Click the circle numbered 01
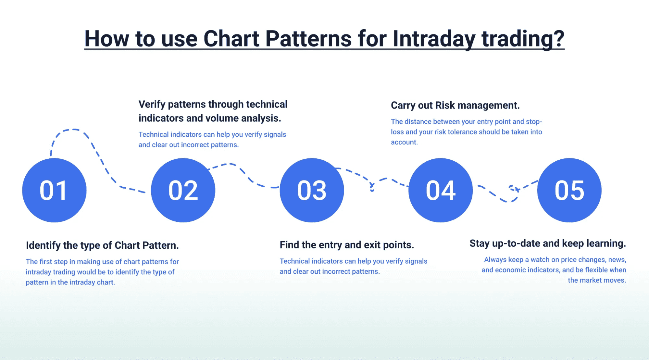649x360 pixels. tap(54, 190)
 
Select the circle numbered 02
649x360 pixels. tap(183, 190)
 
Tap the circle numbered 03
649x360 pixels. tap(312, 190)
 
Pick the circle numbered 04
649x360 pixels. tap(441, 190)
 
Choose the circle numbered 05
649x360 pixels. tap(569, 190)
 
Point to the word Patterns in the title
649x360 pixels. tap(308, 39)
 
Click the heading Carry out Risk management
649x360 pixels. tap(455, 106)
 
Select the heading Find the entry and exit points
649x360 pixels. tap(347, 245)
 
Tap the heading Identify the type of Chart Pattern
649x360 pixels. tap(102, 245)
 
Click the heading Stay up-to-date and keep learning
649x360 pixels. tap(548, 243)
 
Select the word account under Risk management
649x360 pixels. tap(404, 142)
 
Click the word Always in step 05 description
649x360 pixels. tap(495, 260)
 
